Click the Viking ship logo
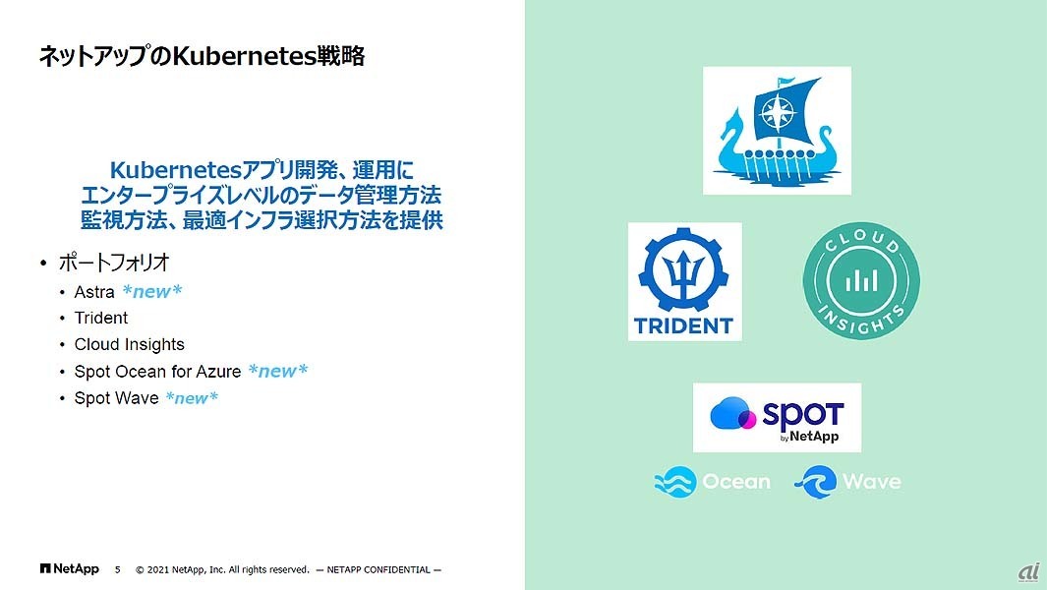777,131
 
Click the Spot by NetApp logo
777,417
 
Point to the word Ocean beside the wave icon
736,482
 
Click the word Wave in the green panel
871,482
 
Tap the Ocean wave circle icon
674,482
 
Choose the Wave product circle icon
815,482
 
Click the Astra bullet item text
94,292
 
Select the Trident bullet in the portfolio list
101,318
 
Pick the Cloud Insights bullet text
129,344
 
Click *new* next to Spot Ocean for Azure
278,371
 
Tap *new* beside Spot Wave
192,397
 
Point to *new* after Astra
152,292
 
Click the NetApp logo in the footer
69,568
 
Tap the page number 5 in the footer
118,569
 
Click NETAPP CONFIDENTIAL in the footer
383,569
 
